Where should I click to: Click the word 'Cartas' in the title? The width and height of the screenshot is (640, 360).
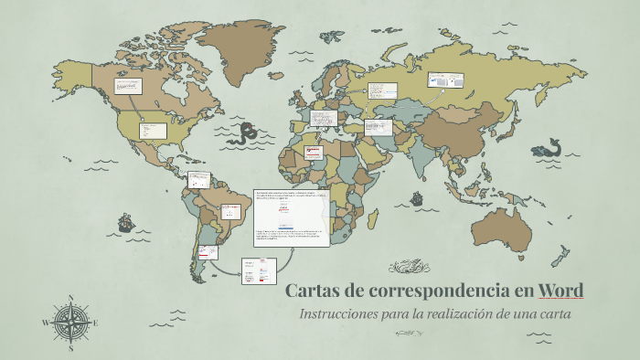311,291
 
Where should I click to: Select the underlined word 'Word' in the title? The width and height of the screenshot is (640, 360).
560,291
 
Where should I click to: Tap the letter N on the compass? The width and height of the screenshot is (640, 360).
70,298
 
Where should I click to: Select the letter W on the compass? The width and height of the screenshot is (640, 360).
46,323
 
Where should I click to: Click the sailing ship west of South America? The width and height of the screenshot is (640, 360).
125,222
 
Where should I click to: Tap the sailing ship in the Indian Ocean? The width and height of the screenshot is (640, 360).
416,197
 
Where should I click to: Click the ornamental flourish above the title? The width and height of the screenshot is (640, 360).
408,267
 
